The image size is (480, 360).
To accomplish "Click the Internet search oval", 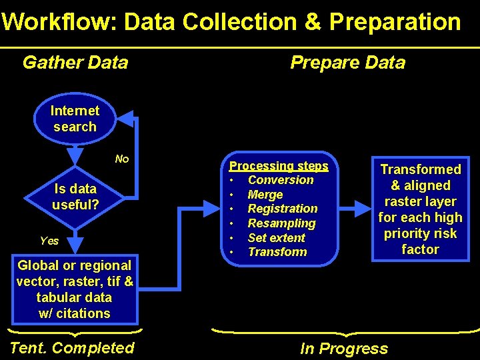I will point(75,119).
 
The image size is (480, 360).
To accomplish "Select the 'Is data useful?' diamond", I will point(75,197).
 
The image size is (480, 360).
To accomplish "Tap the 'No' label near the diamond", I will point(122,159).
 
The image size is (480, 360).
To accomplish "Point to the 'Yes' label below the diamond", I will point(49,241).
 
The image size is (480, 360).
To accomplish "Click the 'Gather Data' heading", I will point(75,63).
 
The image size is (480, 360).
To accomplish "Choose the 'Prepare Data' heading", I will point(347,63).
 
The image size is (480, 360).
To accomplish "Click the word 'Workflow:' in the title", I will point(59,22).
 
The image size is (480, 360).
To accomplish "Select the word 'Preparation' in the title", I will point(395,22).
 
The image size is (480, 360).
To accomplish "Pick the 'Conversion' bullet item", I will point(280,180).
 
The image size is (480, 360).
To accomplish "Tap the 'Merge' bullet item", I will point(265,195).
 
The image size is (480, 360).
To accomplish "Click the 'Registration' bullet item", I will point(283,209).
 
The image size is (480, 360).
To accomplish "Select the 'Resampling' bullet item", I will point(281,223).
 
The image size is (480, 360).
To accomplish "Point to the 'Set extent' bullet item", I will point(276,237).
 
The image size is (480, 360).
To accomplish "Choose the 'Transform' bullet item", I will point(277,252).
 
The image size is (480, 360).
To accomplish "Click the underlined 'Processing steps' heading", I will point(279,166).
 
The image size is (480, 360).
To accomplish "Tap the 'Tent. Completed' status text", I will point(73,347).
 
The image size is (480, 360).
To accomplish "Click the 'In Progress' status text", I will point(343,348).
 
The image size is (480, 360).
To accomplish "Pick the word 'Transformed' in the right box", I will point(420,170).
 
